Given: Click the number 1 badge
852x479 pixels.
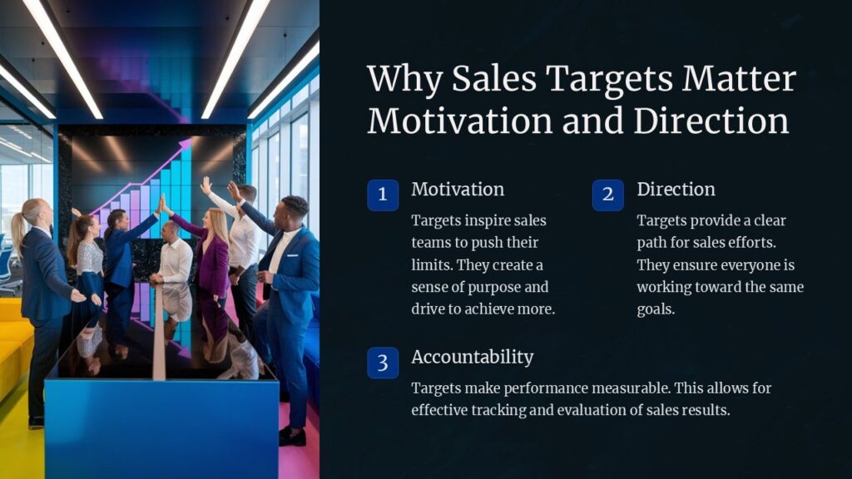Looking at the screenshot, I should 383,195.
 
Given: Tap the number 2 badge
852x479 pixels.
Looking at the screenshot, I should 608,195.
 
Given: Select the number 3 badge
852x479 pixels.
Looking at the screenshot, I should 383,363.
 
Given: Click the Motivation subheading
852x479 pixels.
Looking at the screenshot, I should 458,190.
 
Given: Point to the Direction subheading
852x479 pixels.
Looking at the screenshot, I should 676,190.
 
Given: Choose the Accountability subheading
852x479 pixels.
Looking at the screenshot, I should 472,357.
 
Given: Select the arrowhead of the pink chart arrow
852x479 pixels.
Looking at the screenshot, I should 184,148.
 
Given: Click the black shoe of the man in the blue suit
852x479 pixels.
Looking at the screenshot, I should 291,436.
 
